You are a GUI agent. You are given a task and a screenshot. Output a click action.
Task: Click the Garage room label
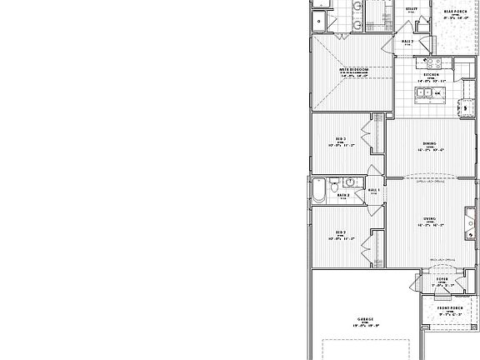365,318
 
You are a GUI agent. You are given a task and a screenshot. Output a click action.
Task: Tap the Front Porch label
450,308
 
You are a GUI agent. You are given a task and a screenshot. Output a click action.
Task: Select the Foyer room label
441,279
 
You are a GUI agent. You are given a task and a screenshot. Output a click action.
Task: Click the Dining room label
430,143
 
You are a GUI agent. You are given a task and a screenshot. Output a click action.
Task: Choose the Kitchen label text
431,75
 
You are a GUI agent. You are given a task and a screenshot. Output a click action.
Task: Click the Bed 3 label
341,138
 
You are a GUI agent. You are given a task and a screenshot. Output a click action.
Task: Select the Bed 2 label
341,232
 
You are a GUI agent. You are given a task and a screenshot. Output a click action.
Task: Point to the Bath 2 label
343,196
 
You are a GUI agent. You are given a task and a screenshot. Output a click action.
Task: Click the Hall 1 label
374,190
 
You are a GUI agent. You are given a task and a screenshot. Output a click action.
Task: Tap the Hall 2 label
407,41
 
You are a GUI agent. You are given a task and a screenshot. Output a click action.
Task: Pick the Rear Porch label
455,12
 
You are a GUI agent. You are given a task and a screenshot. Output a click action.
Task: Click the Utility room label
412,9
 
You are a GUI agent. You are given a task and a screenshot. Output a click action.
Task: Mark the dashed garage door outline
367,349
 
